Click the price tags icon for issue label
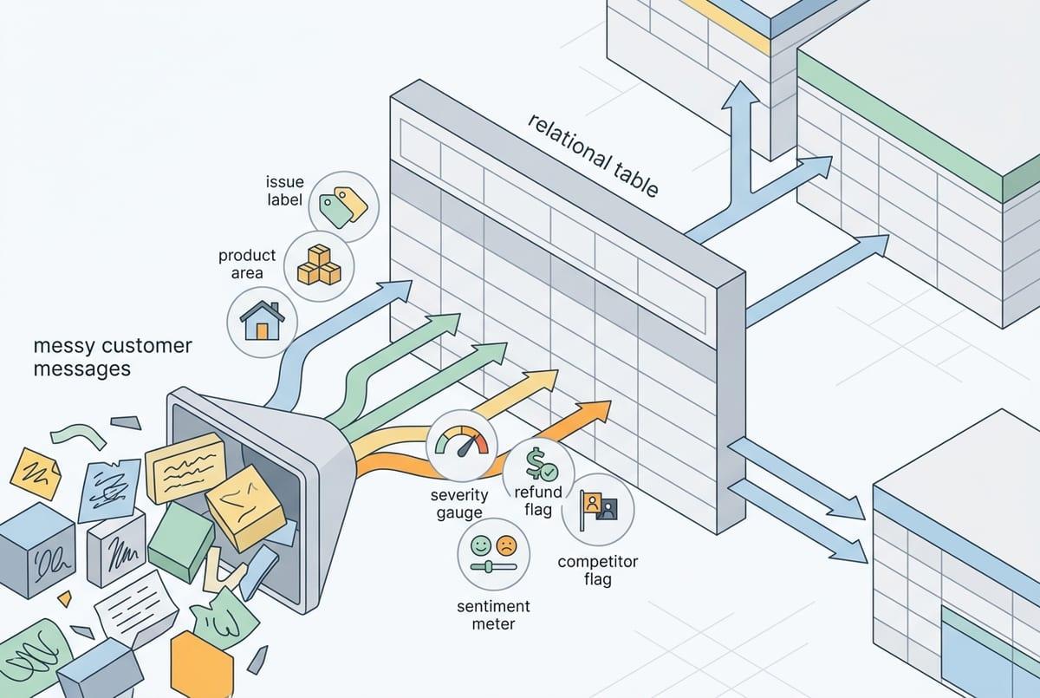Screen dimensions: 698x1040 point(343,205)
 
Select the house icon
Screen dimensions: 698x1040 point(262,322)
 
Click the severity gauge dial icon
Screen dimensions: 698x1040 point(462,445)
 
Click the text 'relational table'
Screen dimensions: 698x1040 point(594,153)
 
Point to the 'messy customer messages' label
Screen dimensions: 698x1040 point(112,357)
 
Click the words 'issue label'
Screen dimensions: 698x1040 point(284,191)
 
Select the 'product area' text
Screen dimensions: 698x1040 point(247,264)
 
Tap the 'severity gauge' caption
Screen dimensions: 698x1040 point(459,504)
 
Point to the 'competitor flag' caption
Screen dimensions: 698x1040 point(597,570)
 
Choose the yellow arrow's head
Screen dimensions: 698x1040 point(544,380)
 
